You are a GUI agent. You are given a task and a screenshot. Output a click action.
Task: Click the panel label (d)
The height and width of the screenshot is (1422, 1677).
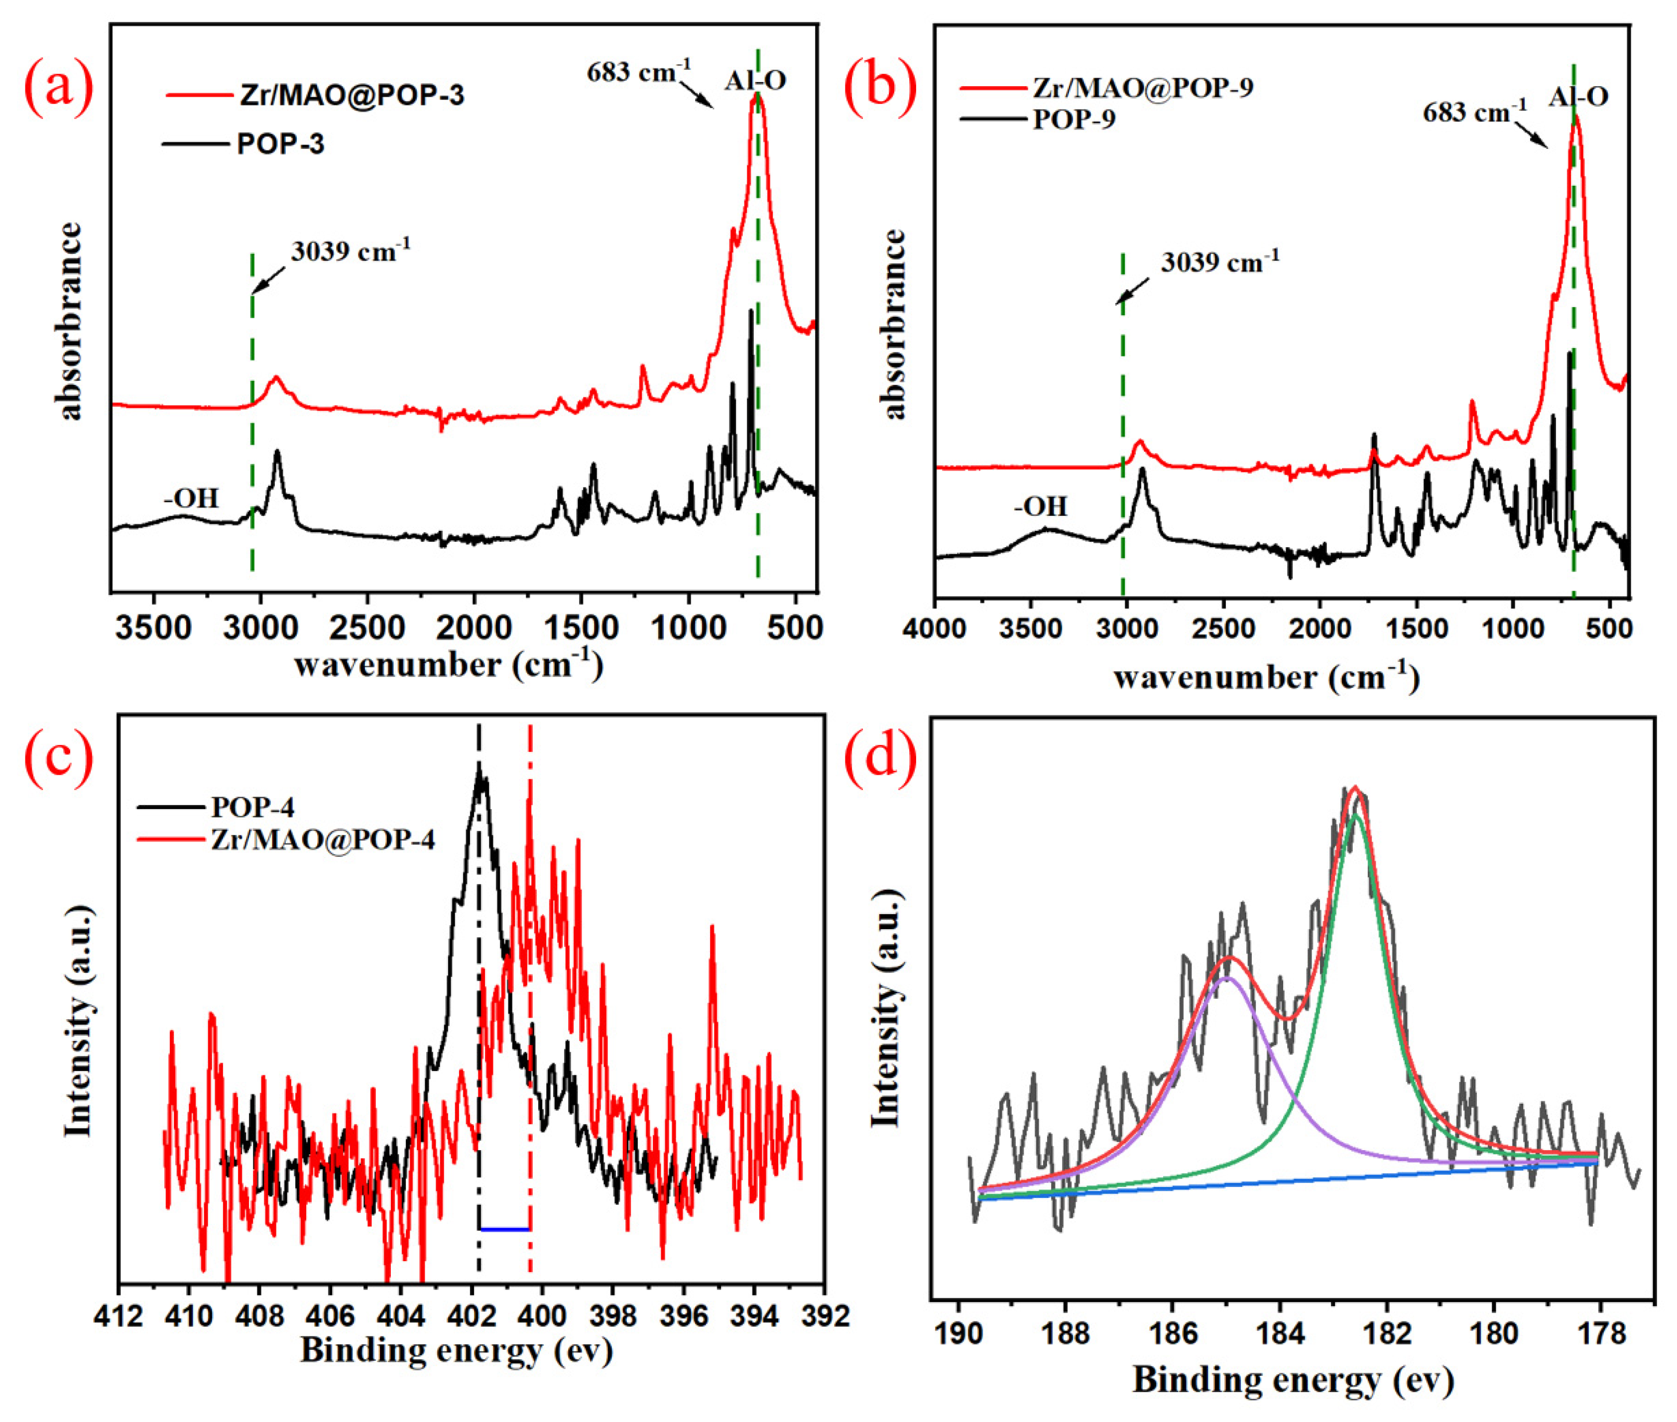880,758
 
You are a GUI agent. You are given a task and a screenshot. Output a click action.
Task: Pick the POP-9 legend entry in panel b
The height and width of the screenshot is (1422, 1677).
1074,119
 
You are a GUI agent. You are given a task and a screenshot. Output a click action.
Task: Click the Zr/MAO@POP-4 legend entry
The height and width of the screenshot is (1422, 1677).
323,840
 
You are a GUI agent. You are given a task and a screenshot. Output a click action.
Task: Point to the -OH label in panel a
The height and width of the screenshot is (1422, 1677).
191,498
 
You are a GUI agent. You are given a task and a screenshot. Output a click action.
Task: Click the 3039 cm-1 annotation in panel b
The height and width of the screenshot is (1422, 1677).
1219,263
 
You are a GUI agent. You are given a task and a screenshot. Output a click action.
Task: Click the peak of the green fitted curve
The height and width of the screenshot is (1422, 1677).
1356,816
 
